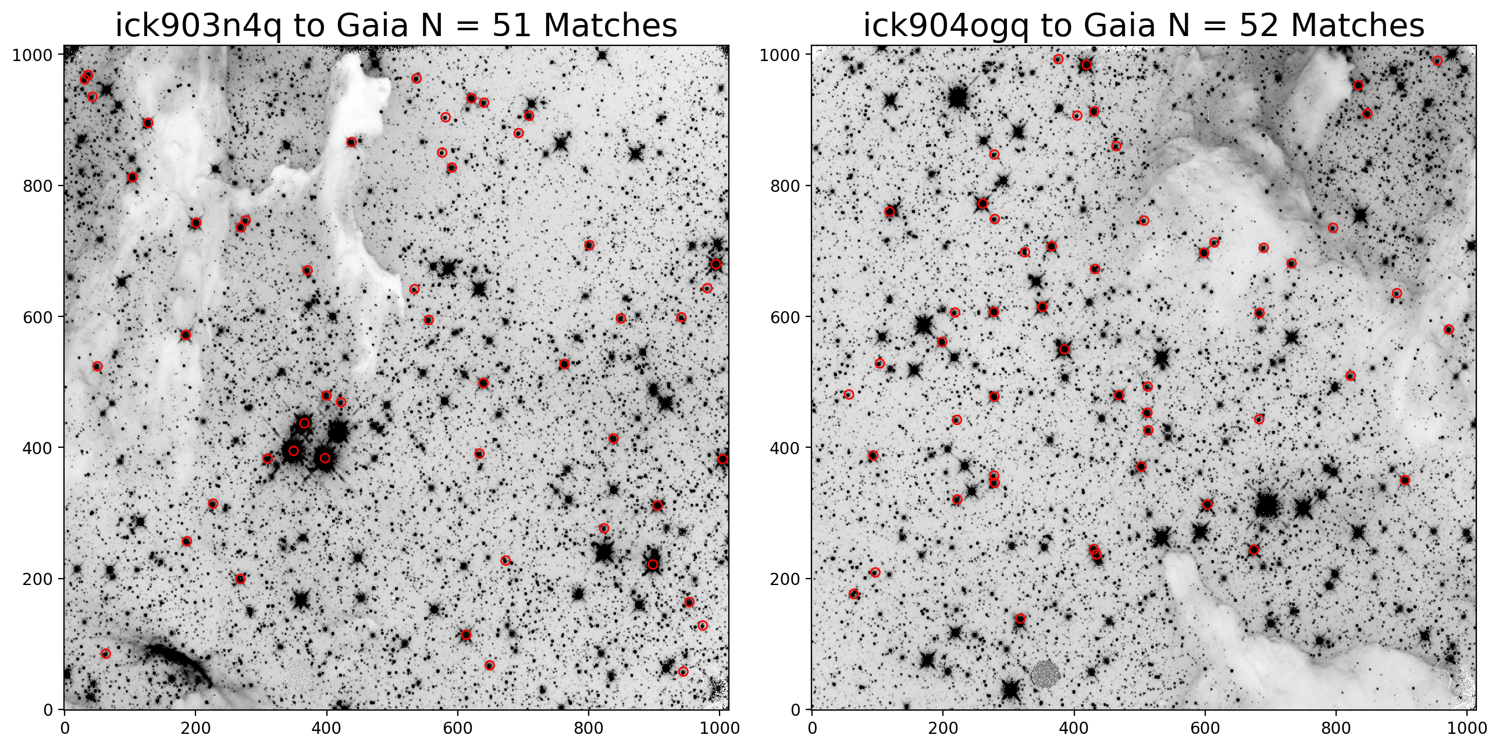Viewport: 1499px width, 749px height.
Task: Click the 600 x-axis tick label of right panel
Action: click(1205, 728)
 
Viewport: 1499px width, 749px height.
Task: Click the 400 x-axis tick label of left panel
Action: click(326, 728)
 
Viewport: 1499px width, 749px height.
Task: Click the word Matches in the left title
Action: click(610, 26)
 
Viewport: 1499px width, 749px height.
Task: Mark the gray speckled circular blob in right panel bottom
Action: click(1045, 674)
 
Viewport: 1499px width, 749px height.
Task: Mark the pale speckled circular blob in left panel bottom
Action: click(298, 675)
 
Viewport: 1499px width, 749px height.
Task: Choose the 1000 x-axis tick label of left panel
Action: click(720, 728)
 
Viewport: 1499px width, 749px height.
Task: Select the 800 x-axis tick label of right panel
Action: click(1336, 728)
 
